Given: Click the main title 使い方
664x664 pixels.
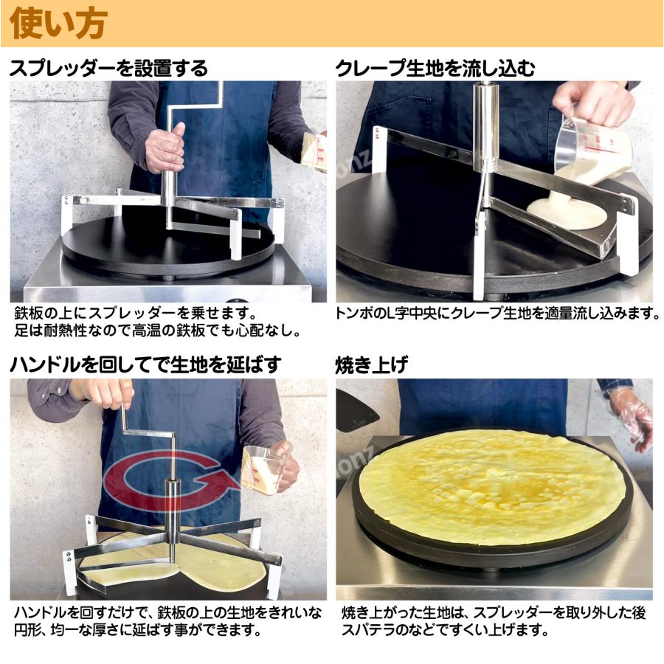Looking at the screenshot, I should click(x=59, y=24).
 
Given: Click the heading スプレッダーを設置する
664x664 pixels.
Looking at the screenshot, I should click(x=108, y=69).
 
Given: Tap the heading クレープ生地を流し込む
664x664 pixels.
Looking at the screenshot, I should click(x=435, y=69).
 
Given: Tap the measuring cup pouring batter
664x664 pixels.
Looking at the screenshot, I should click(x=583, y=148).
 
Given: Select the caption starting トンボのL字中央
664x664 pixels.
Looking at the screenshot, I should click(x=498, y=314).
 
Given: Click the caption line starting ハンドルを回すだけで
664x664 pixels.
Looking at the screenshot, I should click(x=167, y=612).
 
